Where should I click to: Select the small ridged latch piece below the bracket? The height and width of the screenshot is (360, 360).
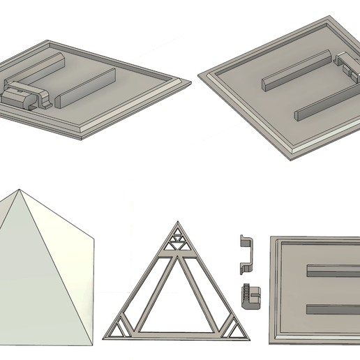(x=250, y=297)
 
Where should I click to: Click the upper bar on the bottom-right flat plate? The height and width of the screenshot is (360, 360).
(x=330, y=269)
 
